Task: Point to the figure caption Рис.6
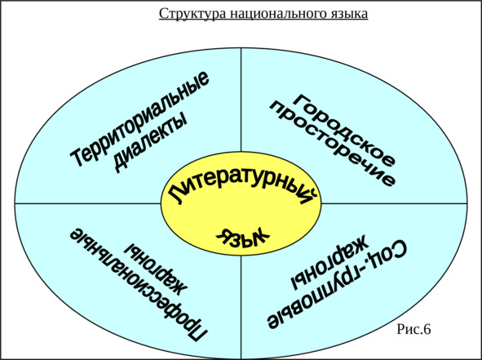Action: (x=413, y=329)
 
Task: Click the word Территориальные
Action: (x=139, y=118)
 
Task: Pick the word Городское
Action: (x=344, y=131)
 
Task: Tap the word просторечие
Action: (x=332, y=144)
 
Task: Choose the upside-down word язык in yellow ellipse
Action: (x=242, y=238)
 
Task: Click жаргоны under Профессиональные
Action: (x=157, y=269)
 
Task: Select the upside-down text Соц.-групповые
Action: (x=337, y=285)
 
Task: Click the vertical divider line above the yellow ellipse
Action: (x=241, y=100)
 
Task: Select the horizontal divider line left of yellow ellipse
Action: (x=88, y=203)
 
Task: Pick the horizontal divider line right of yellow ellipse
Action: (x=394, y=203)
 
